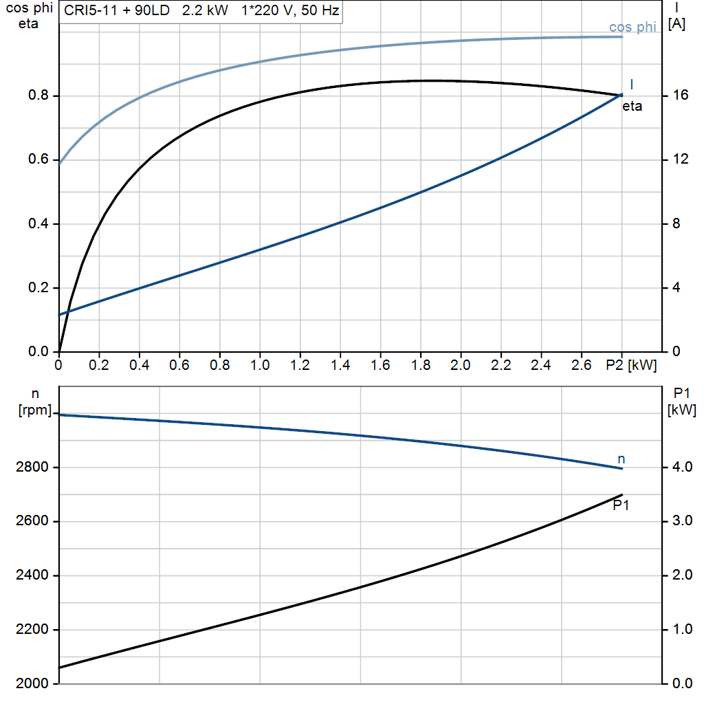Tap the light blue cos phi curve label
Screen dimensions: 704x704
point(632,27)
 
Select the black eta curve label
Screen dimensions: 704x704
point(632,107)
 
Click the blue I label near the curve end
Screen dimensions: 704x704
point(632,84)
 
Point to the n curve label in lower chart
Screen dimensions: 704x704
point(621,459)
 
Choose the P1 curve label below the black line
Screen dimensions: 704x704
point(621,505)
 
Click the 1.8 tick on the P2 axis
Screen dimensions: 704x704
point(421,365)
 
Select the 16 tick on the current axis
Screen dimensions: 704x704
point(681,96)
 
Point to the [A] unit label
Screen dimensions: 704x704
point(676,25)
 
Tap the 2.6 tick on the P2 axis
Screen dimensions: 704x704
point(582,365)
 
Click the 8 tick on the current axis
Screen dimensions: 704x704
point(676,224)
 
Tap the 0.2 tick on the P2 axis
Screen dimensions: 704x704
point(99,365)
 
